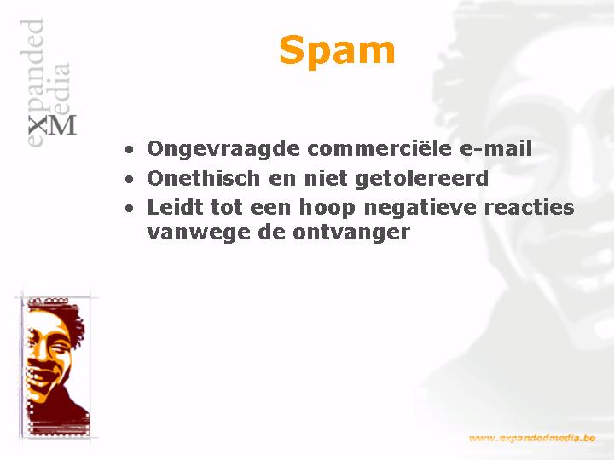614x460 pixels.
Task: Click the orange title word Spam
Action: point(337,51)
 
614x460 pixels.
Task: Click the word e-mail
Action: point(495,148)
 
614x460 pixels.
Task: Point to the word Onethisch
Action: point(204,178)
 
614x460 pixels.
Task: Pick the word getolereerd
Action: point(421,179)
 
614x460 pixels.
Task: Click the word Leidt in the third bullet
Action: point(175,207)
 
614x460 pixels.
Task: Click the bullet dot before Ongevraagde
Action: point(129,150)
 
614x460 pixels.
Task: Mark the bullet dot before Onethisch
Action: point(129,179)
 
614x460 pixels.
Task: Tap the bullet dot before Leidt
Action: point(129,209)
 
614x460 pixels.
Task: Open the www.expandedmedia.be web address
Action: point(532,438)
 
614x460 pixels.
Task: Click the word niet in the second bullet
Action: point(326,178)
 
